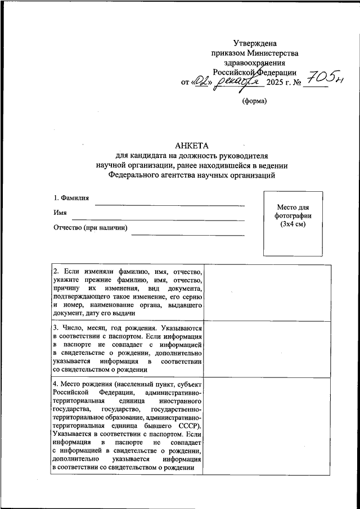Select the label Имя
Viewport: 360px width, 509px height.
point(60,213)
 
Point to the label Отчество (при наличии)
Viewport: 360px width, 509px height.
point(91,228)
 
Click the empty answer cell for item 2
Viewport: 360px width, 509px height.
point(267,293)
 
